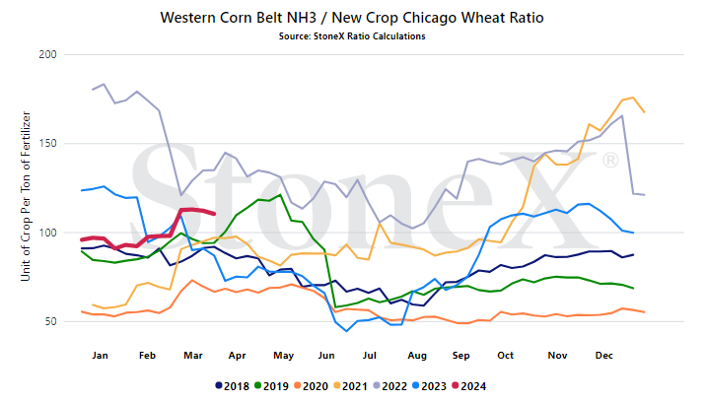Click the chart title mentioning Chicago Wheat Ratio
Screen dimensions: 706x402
pos(352,18)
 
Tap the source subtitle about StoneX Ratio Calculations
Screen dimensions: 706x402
pos(352,36)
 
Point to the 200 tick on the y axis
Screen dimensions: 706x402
pos(47,54)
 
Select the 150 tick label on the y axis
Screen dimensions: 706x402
pos(47,144)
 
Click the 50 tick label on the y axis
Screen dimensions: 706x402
pos(50,321)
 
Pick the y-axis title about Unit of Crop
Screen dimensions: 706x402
pos(26,197)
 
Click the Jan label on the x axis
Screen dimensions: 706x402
pos(100,355)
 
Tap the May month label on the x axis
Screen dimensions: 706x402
pos(283,356)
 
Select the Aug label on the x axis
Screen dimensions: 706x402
pos(417,356)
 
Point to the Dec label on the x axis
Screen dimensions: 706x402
pos(603,355)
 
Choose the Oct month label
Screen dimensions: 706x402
pos(505,355)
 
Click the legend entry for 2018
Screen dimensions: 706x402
pos(233,386)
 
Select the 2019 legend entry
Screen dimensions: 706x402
pos(271,386)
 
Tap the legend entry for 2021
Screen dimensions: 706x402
pos(350,386)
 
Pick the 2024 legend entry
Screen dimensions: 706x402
pos(469,386)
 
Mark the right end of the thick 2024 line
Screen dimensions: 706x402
pos(214,214)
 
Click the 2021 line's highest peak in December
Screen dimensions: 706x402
pos(633,98)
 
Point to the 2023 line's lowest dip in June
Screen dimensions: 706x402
pos(346,331)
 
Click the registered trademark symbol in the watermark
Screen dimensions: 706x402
pos(610,161)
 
